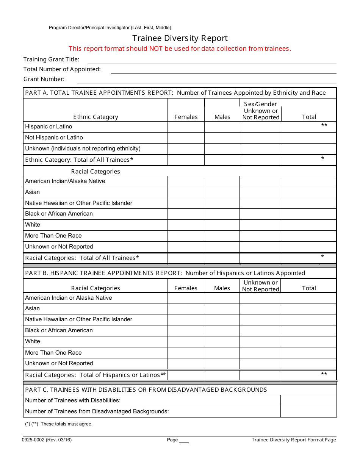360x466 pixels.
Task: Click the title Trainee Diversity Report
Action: click(180, 38)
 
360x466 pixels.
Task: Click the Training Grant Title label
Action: click(52, 59)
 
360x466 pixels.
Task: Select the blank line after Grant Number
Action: click(207, 80)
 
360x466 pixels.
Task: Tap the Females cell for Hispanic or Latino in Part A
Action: click(186, 127)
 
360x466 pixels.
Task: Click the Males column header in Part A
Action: click(222, 117)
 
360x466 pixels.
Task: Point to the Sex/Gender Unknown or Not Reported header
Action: click(260, 111)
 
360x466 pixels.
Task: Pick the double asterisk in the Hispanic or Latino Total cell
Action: click(324, 125)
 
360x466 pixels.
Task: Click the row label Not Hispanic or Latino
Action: click(54, 138)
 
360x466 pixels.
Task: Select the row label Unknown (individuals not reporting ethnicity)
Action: click(83, 149)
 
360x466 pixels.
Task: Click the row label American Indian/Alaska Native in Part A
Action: click(65, 181)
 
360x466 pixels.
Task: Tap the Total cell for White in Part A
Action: click(308, 225)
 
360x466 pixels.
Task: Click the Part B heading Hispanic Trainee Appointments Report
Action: click(165, 273)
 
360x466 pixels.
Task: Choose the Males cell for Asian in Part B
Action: click(222, 309)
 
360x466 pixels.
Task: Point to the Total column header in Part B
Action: click(309, 288)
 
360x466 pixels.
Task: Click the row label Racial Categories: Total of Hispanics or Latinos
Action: click(95, 375)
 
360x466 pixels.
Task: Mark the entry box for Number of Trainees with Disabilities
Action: click(308, 400)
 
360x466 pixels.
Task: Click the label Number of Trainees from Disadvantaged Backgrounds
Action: click(97, 411)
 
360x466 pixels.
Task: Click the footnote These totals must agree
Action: click(66, 424)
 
